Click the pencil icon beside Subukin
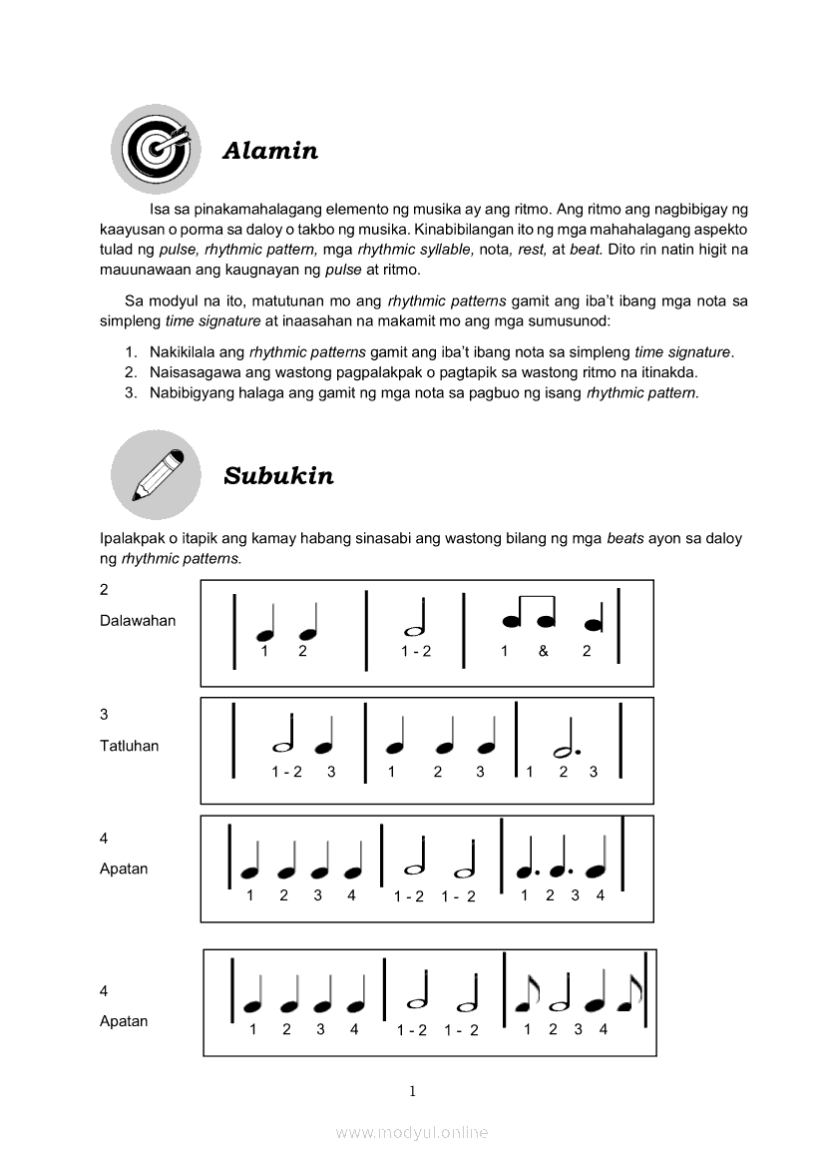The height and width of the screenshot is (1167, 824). point(156,474)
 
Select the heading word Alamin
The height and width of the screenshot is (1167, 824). point(270,151)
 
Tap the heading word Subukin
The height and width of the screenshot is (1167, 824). point(278,475)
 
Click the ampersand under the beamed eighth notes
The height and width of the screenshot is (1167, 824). point(544,651)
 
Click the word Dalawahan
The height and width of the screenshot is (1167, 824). point(138,620)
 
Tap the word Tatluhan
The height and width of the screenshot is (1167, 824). point(130,746)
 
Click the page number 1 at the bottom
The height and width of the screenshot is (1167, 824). point(412,1091)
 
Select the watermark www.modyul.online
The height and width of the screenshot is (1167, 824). point(412,1132)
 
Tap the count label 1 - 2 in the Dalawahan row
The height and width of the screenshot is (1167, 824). point(416,651)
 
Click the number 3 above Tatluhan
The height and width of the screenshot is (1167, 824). point(104,715)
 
